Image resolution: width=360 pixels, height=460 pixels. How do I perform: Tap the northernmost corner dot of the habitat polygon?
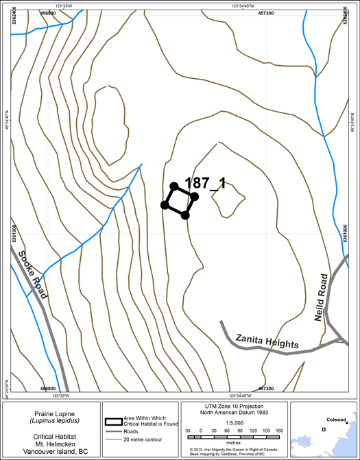[174, 186]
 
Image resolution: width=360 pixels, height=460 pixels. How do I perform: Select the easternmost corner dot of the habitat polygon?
[195, 197]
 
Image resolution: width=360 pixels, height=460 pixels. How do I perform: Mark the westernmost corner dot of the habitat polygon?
[165, 205]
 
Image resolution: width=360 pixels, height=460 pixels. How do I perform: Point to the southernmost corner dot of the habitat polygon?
[185, 216]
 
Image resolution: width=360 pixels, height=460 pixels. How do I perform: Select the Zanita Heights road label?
[267, 341]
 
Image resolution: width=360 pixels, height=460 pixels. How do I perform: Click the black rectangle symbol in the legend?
[113, 422]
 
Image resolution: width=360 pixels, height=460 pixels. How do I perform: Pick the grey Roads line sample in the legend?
[113, 433]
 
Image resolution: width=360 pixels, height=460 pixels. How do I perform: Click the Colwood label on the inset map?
[335, 420]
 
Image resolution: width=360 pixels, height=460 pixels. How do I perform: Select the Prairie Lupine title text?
[47, 415]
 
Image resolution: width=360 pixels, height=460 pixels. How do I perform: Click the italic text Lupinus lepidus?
[47, 422]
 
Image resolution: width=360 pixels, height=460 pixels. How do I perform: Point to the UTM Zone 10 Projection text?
[235, 407]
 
